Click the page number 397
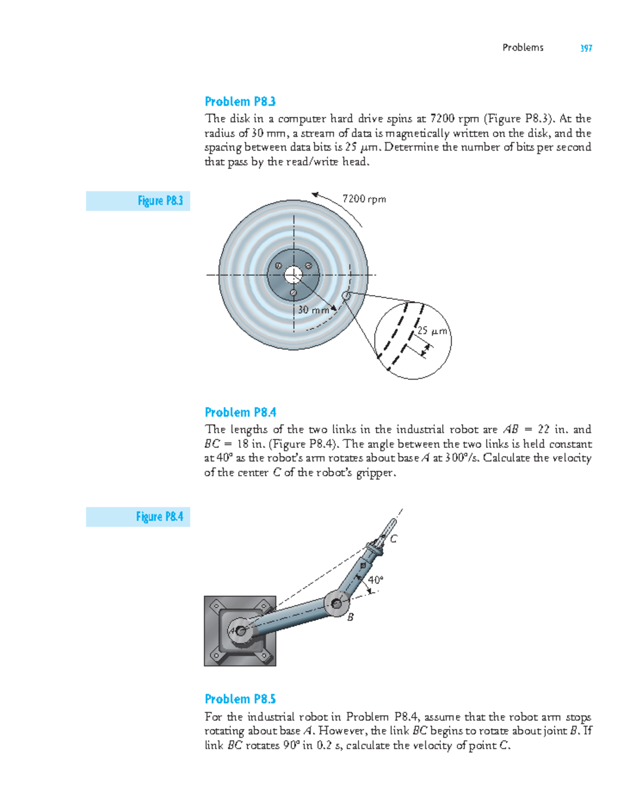[586, 48]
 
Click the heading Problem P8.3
[240, 101]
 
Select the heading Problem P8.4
[240, 412]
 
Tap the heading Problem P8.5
[240, 699]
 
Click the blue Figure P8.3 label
[160, 201]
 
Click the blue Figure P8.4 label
[160, 517]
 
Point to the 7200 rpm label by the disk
[364, 199]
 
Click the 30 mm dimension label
[313, 310]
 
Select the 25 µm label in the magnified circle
[432, 331]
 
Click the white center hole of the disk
[293, 275]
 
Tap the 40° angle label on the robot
[375, 580]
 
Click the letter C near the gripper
[394, 539]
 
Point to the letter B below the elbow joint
[350, 617]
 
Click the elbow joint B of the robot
[337, 603]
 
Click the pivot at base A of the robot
[241, 631]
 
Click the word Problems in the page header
[523, 48]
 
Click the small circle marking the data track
[346, 296]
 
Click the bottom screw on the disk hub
[293, 293]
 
